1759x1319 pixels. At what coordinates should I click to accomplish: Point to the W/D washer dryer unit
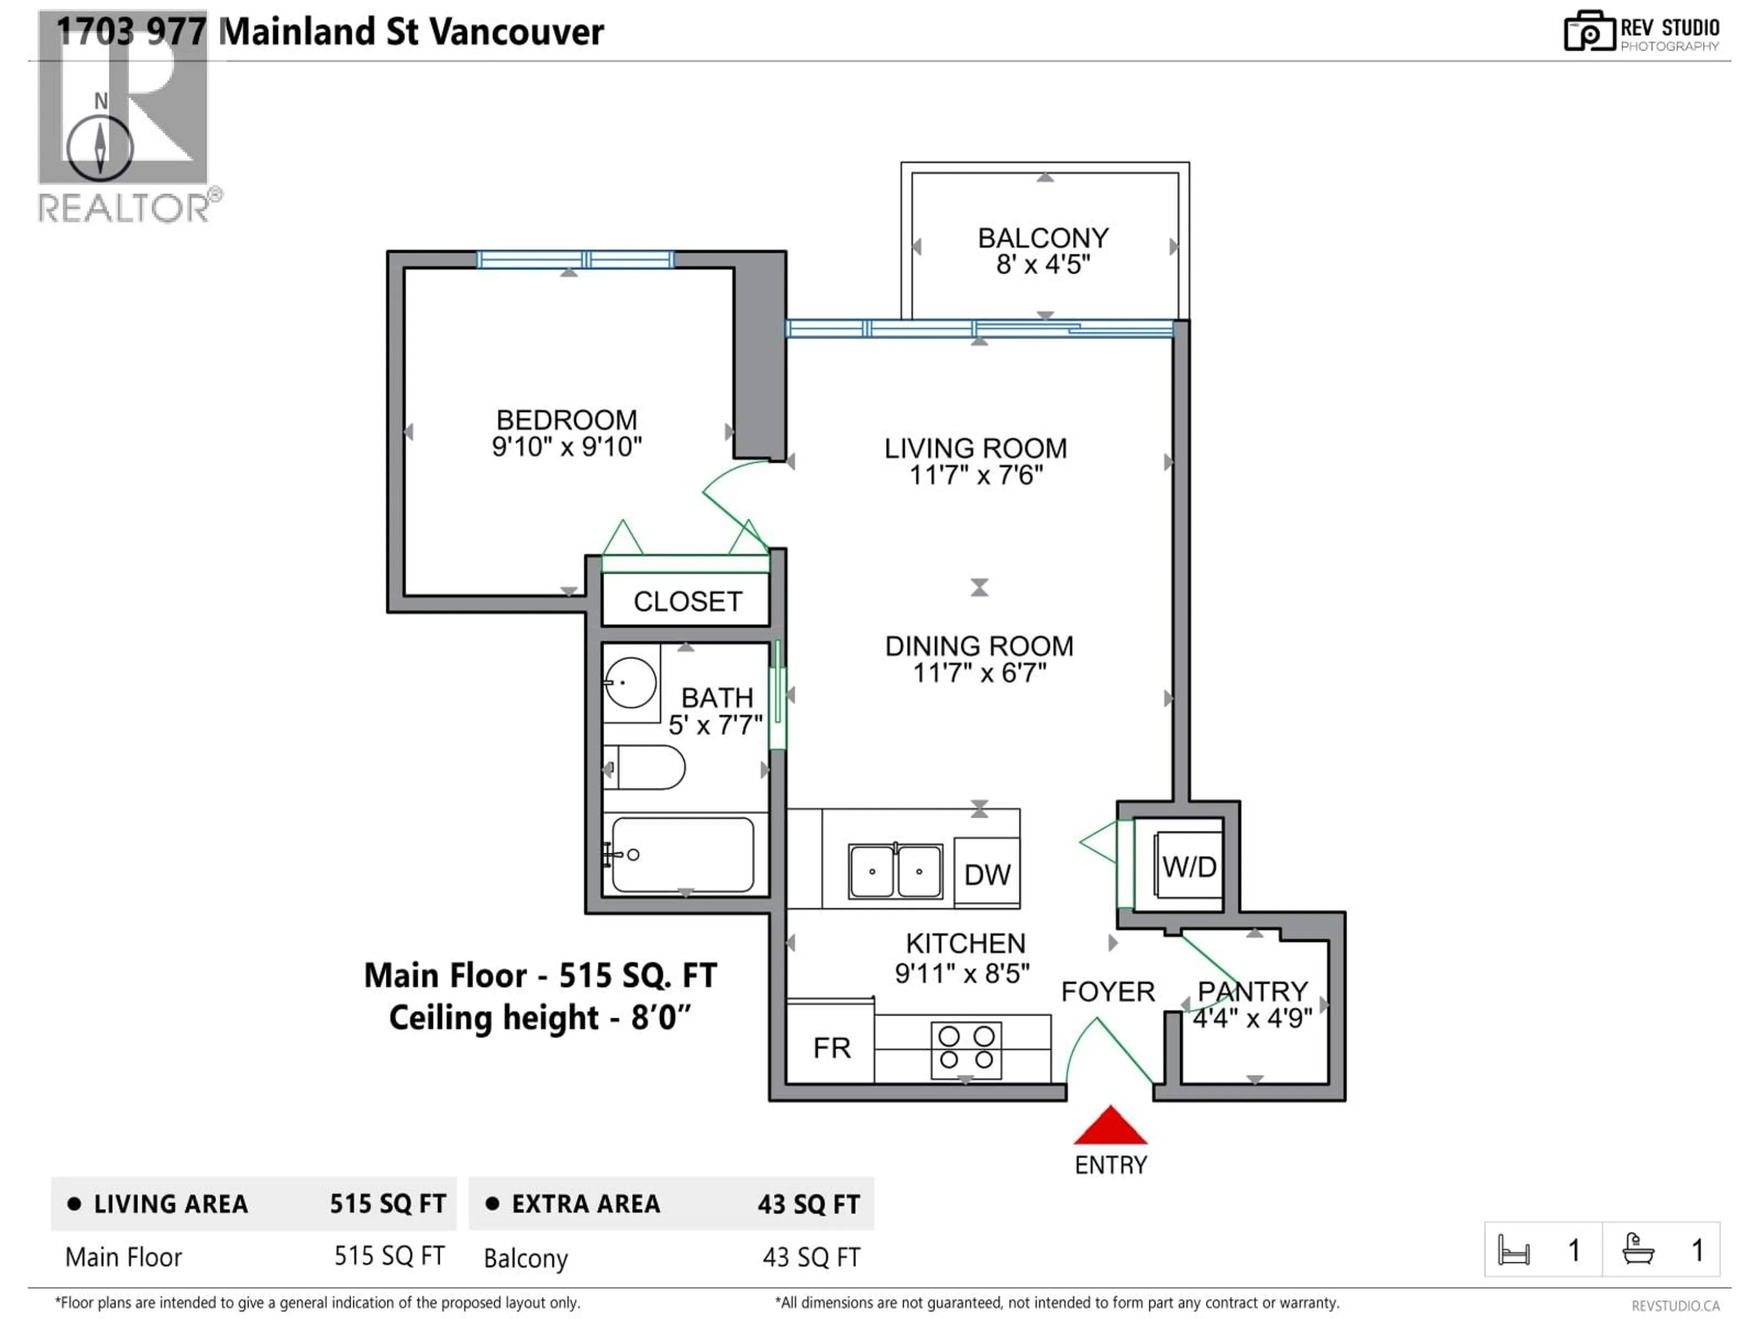tap(1189, 866)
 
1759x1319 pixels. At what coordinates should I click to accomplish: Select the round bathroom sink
tap(631, 682)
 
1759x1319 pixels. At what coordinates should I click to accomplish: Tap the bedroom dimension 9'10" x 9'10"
tap(566, 447)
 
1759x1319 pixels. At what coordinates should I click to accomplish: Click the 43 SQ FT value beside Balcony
tap(811, 1257)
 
